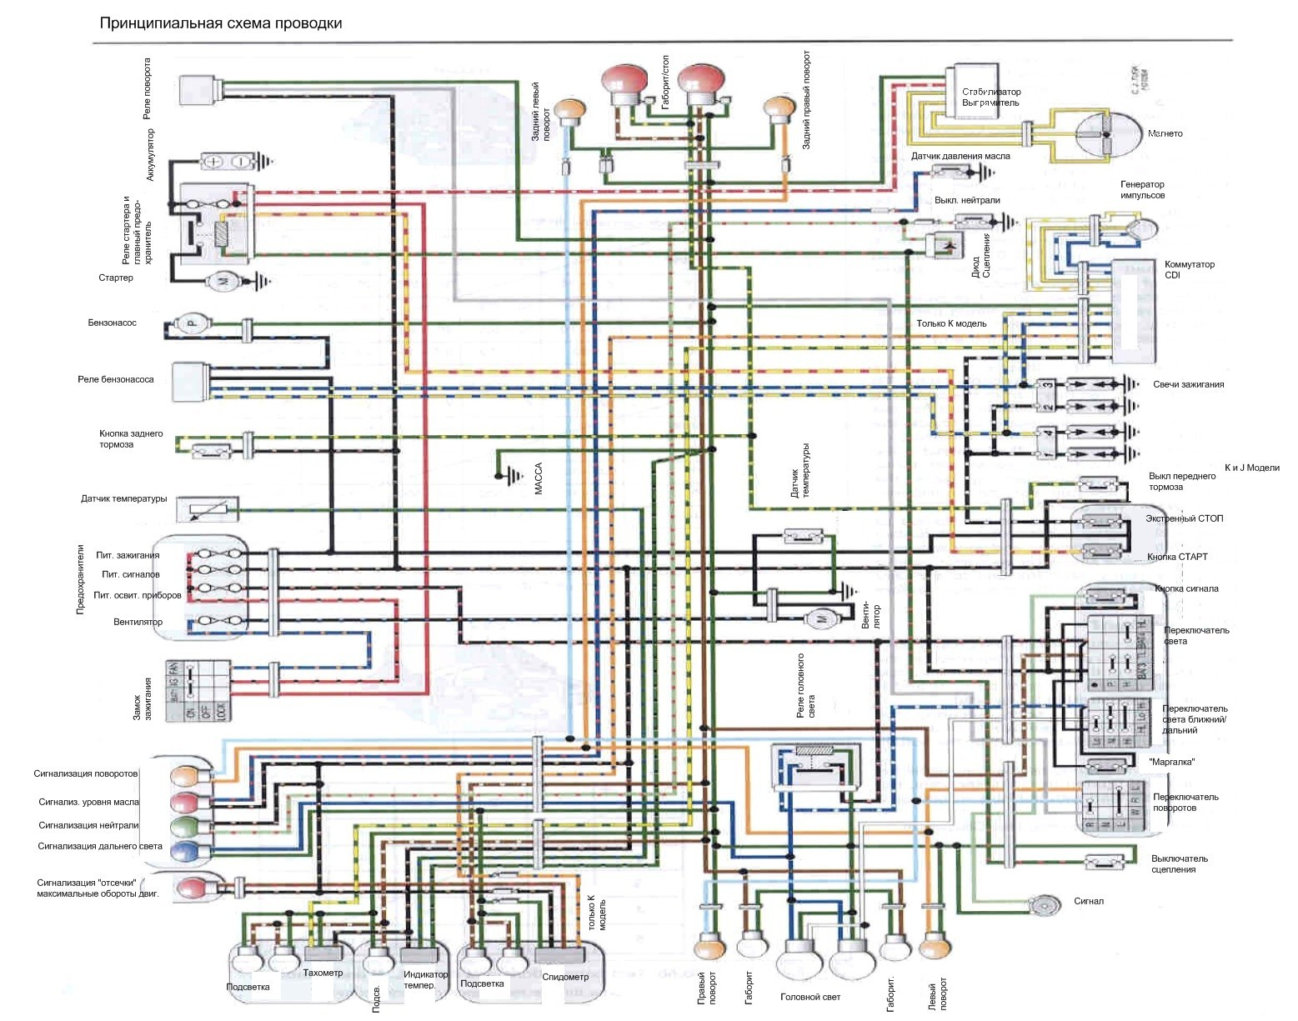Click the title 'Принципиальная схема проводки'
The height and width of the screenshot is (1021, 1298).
(x=221, y=23)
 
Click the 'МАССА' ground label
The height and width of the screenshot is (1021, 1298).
(x=539, y=479)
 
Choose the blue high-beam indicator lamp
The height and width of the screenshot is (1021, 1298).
(x=184, y=851)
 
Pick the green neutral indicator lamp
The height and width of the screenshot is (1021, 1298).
(x=184, y=827)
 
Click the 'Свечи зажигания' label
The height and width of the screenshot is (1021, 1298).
(x=1188, y=384)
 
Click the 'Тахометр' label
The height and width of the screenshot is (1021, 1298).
(x=323, y=973)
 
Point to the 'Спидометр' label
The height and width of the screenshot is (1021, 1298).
(x=565, y=977)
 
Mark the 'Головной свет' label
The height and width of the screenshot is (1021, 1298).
(x=809, y=997)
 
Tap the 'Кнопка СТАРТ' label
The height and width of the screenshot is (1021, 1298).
(x=1177, y=557)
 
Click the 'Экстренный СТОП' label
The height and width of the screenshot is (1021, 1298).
(x=1184, y=518)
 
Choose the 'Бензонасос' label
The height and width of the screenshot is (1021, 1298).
(x=112, y=323)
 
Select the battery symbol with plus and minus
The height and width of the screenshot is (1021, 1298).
(x=226, y=161)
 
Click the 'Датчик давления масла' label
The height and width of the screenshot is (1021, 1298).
(x=960, y=156)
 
